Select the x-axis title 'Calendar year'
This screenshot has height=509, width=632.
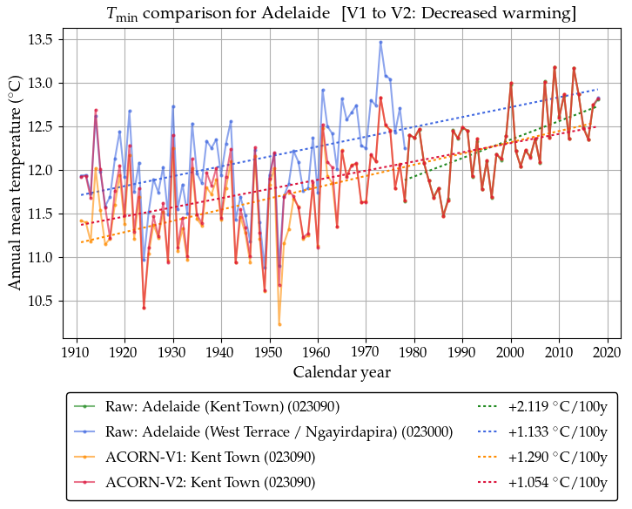point(340,372)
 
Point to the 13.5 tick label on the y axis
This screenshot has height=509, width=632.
point(39,39)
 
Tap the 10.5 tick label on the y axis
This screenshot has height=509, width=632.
point(39,301)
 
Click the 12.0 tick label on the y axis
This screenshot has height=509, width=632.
point(39,170)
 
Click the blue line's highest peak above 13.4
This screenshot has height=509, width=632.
point(380,42)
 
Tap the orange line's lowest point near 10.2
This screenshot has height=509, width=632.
point(279,324)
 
